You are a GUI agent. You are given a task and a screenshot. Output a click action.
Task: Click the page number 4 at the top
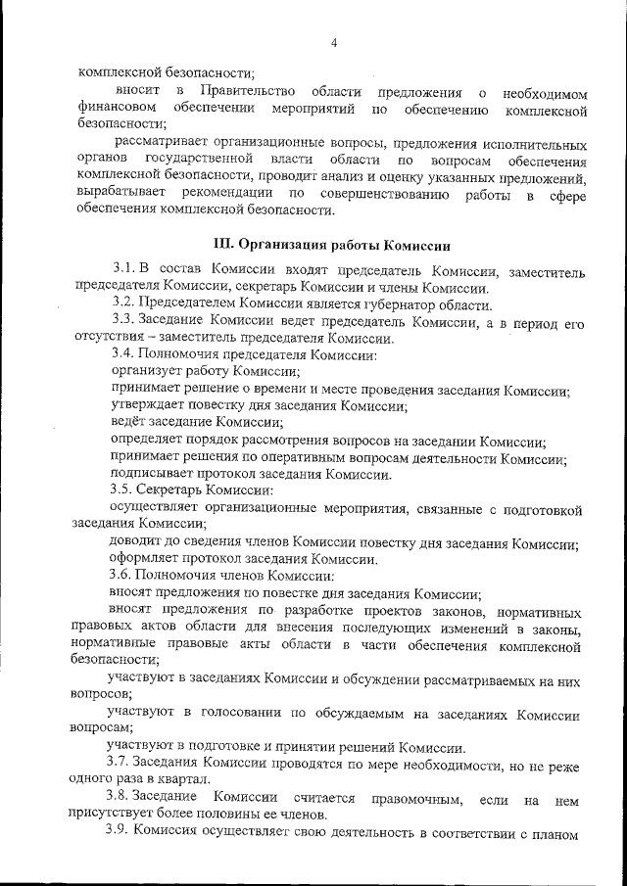tap(334, 43)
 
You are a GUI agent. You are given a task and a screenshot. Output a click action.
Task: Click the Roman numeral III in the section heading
tap(225, 244)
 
